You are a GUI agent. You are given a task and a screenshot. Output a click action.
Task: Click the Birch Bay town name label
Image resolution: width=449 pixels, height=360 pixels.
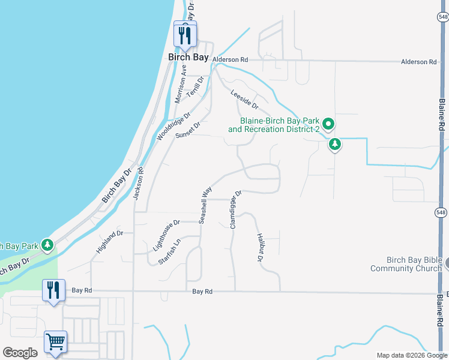click(188, 58)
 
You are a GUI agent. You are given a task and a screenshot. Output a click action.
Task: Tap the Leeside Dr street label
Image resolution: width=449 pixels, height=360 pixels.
click(244, 99)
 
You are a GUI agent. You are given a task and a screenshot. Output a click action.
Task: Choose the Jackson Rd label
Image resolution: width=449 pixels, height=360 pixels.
click(139, 183)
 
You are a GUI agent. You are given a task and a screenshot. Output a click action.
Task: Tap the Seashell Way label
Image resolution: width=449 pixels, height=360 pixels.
click(206, 205)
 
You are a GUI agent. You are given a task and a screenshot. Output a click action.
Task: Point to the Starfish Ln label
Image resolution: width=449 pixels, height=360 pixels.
click(169, 253)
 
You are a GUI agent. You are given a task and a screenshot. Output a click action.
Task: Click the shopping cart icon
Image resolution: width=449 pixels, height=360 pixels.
click(55, 342)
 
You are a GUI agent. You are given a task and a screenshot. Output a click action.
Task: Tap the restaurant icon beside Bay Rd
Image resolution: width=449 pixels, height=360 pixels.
click(53, 290)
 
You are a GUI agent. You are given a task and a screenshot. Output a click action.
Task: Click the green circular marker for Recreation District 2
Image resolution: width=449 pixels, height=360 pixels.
click(328, 124)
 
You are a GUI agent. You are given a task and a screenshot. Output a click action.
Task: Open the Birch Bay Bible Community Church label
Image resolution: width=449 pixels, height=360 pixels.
click(406, 264)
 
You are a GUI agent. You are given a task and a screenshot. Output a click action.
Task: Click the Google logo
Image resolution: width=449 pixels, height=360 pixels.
click(20, 353)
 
